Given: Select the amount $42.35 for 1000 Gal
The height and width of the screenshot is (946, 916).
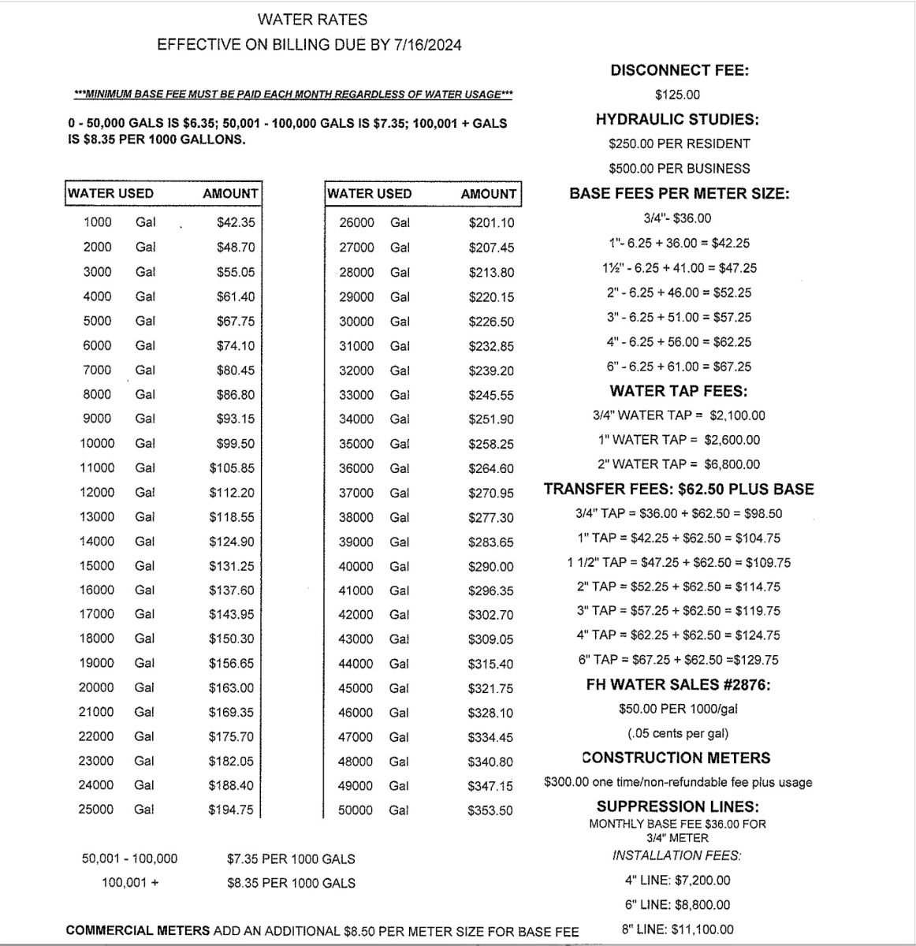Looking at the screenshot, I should [236, 222].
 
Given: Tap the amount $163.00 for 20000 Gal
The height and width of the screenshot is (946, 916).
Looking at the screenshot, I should [231, 687].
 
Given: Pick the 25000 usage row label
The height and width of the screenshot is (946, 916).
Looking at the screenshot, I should [96, 810].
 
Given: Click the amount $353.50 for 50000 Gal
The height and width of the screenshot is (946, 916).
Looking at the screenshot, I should [490, 810].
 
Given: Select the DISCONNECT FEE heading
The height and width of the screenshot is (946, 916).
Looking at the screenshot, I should [679, 70].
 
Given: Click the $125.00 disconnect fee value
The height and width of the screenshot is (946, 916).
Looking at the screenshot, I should [677, 95].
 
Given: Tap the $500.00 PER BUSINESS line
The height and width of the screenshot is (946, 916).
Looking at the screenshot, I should [679, 168].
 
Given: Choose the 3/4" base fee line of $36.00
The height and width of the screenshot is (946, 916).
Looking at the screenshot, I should [677, 218].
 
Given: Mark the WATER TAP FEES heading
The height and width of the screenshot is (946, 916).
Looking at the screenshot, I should [679, 391].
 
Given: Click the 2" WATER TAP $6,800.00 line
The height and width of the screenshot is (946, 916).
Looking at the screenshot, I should [679, 464].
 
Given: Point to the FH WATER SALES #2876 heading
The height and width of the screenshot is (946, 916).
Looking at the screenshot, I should [679, 684].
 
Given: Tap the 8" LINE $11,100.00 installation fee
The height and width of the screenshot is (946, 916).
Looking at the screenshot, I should [677, 929].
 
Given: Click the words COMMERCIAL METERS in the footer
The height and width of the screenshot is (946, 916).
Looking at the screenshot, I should [138, 931].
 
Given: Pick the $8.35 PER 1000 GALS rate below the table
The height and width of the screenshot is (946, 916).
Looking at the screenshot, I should [291, 883].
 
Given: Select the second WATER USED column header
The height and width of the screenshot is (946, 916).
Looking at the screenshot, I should [369, 194].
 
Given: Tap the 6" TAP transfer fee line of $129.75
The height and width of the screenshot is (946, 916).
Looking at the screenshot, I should [679, 660].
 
